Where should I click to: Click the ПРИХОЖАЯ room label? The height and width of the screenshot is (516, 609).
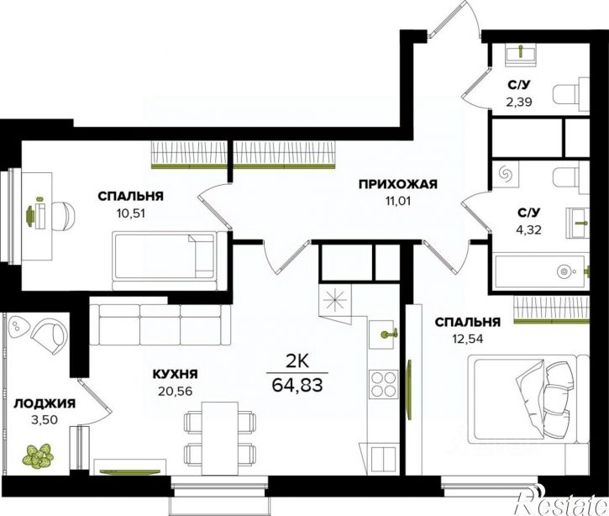point(397,184)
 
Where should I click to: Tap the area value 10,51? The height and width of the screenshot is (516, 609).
point(129,213)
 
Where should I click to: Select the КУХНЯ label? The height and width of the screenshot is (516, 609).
point(176,374)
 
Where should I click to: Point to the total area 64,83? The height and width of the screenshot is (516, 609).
point(297,385)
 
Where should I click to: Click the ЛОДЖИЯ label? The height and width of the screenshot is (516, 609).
point(45,404)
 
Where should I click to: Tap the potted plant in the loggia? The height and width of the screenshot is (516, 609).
point(38,455)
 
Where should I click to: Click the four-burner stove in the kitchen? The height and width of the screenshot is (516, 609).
point(383,383)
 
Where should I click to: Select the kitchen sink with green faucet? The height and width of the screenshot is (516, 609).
point(383,334)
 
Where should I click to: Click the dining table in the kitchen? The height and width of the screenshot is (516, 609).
point(220,439)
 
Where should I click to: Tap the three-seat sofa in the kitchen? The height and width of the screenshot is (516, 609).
point(160,324)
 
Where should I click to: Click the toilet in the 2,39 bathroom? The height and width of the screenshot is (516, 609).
point(570,93)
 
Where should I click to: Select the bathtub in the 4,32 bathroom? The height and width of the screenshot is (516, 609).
point(540,271)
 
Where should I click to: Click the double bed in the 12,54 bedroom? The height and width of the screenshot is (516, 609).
point(528,399)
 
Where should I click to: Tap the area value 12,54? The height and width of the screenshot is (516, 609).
point(468,340)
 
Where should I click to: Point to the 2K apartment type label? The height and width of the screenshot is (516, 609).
point(297,362)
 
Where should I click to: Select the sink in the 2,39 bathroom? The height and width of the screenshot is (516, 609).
point(521,52)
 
